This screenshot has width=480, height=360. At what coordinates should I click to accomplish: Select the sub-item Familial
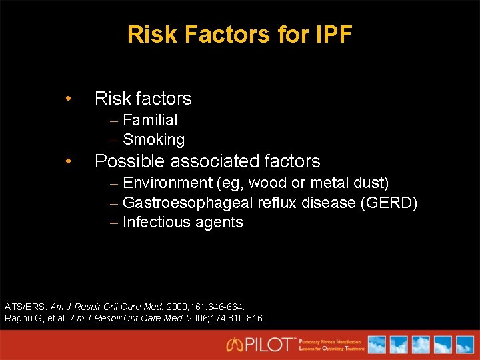pyautogui.click(x=150, y=120)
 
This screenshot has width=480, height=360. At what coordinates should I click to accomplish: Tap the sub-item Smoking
pyautogui.click(x=153, y=139)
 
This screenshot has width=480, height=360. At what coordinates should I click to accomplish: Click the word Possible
pyautogui.click(x=129, y=161)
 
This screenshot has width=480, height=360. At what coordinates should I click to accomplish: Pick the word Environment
pyautogui.click(x=167, y=183)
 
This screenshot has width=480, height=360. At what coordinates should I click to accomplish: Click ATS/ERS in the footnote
pyautogui.click(x=25, y=307)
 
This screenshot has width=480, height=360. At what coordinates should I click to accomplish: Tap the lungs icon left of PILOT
pyautogui.click(x=235, y=345)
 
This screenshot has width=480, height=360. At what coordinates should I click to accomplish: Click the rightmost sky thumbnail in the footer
pyautogui.click(x=463, y=344)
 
